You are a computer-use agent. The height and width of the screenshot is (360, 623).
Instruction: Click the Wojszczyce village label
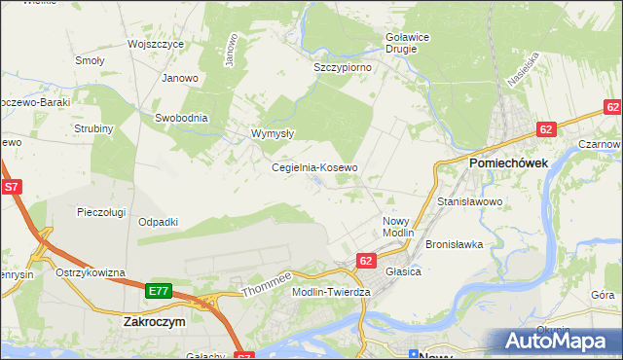click(156, 45)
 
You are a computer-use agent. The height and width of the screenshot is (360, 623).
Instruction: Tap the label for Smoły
click(90, 60)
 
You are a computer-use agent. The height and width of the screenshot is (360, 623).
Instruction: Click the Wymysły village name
click(273, 133)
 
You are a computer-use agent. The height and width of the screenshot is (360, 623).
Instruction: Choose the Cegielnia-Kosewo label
click(314, 167)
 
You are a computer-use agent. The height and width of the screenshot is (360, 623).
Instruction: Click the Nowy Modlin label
click(398, 228)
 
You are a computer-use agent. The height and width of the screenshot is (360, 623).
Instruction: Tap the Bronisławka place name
click(455, 244)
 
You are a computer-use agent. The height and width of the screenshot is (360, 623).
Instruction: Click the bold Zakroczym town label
click(155, 320)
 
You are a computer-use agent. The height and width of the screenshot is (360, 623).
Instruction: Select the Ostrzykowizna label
click(91, 272)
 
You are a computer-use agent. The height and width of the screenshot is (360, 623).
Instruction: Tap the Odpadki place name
click(158, 222)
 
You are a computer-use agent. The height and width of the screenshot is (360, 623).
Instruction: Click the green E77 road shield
click(160, 291)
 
